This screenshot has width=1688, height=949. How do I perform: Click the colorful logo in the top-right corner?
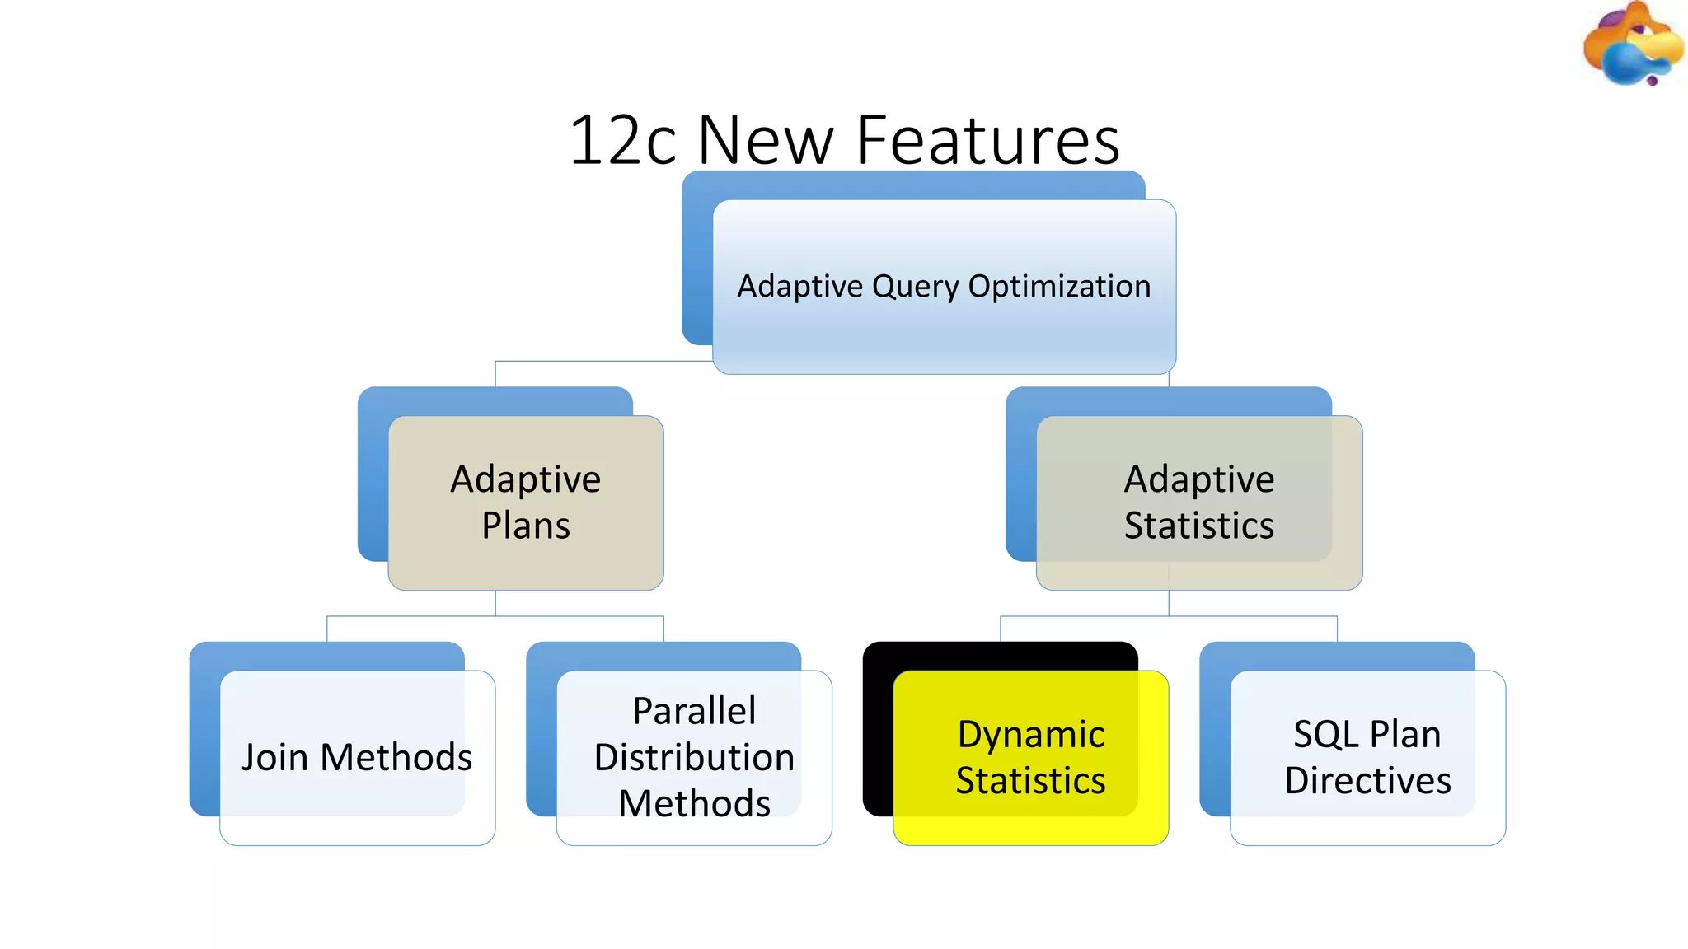(x=1630, y=45)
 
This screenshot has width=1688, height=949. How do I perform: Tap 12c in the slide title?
(x=623, y=140)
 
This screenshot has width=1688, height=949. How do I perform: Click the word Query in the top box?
(x=916, y=287)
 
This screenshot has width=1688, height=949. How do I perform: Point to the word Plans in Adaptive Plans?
(x=526, y=526)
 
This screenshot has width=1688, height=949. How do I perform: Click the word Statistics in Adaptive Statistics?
(x=1199, y=526)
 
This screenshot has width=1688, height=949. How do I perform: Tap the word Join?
(x=274, y=757)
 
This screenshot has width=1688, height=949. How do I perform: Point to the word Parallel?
(x=694, y=711)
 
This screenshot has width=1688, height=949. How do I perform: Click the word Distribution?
(x=694, y=757)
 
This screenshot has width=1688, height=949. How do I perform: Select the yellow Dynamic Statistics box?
(x=1030, y=824)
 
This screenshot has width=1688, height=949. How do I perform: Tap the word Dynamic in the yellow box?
(x=1030, y=734)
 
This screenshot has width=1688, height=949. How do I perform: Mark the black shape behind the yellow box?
(x=879, y=725)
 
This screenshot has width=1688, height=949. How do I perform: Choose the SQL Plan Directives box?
(x=1367, y=824)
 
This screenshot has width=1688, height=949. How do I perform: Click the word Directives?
(x=1367, y=780)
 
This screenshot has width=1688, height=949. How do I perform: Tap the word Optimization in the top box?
(x=1059, y=287)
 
